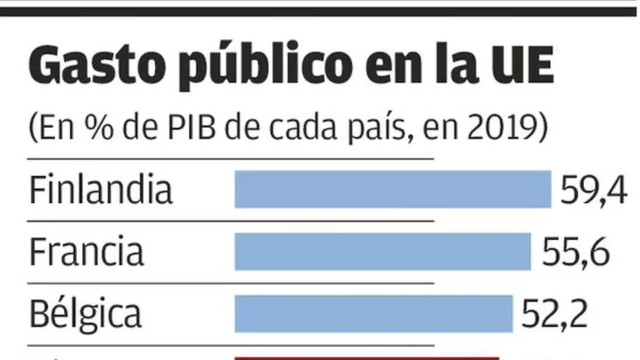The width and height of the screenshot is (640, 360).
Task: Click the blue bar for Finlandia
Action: pos(393,189)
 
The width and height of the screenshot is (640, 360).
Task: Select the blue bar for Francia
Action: pos(383,252)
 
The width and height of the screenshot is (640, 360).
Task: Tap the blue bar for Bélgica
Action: pos(373,314)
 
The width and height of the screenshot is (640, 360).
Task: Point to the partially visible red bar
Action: pos(367,357)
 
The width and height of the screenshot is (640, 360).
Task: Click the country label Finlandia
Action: pos(101,191)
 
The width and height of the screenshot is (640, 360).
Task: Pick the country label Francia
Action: pos(87,252)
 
